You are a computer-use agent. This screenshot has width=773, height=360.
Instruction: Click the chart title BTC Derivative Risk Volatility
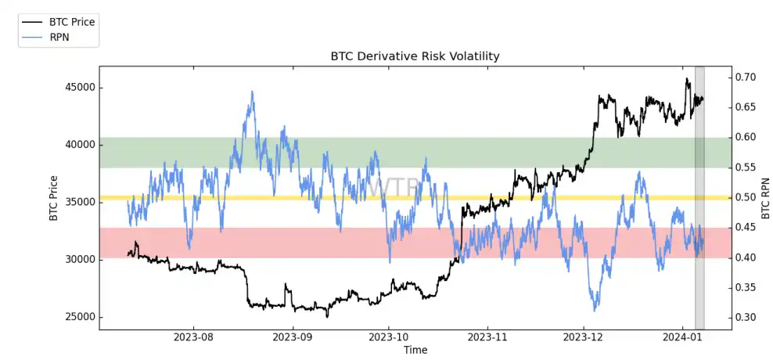pyautogui.click(x=415, y=56)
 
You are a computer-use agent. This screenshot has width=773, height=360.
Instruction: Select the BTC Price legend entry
pyautogui.click(x=71, y=22)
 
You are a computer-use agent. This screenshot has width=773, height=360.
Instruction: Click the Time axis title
pyautogui.click(x=415, y=350)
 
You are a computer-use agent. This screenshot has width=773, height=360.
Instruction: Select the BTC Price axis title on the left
pyautogui.click(x=54, y=197)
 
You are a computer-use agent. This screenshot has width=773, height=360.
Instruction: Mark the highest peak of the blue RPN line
pyautogui.click(x=252, y=92)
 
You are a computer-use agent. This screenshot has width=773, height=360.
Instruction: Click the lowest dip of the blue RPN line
pyautogui.click(x=595, y=310)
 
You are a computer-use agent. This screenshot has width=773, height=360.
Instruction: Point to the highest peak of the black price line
pyautogui.click(x=687, y=78)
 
